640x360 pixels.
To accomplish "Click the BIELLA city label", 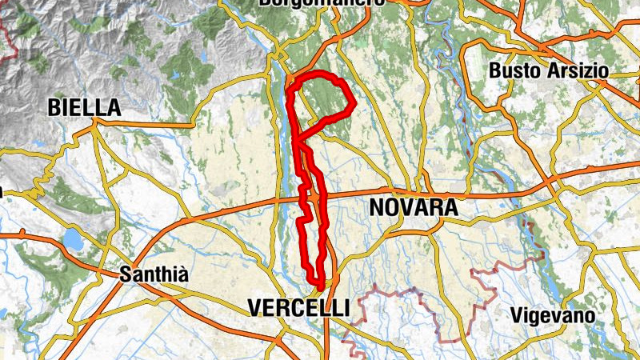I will (84, 107).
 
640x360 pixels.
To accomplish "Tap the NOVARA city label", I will (414, 208).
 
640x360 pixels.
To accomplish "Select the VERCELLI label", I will (298, 307).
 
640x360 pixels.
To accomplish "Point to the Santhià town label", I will (154, 274).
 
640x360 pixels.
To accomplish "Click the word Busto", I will (516, 70).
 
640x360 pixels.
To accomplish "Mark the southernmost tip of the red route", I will (321, 286).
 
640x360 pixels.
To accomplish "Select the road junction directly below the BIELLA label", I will (94, 122).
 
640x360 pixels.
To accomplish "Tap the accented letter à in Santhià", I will (183, 274).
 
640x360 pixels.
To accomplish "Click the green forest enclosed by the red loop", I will (324, 100).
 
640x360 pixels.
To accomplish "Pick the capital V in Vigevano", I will (516, 315).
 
